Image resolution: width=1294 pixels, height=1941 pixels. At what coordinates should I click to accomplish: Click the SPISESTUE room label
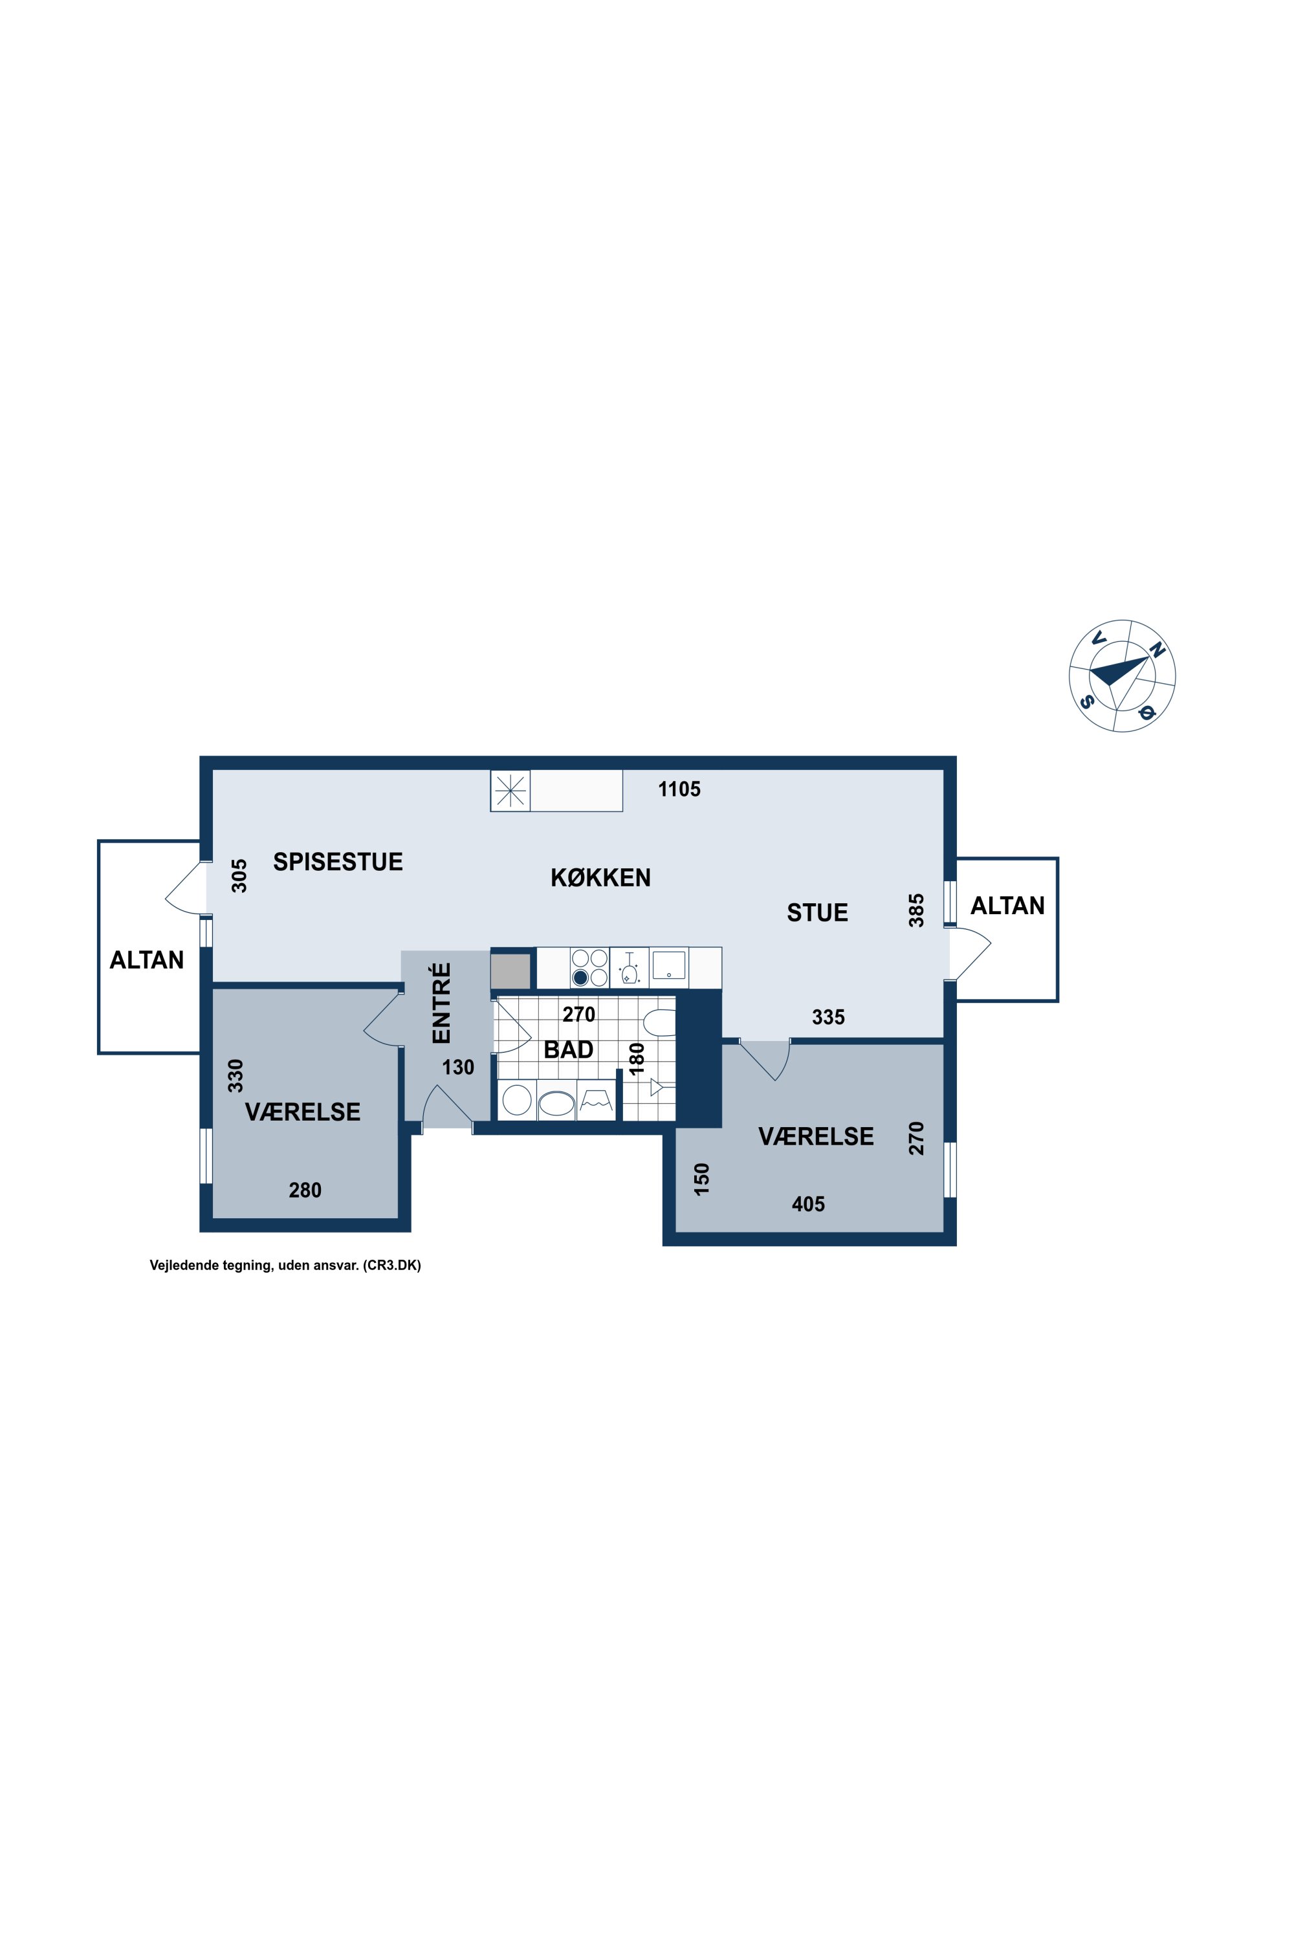pyautogui.click(x=338, y=862)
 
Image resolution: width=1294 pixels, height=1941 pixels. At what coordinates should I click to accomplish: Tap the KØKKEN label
pyautogui.click(x=601, y=877)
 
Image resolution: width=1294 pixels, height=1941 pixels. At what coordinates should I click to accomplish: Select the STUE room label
pyautogui.click(x=817, y=913)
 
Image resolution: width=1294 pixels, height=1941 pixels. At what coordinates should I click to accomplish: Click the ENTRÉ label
pyautogui.click(x=443, y=1003)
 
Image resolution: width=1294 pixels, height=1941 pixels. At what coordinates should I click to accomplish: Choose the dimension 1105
pyautogui.click(x=679, y=790)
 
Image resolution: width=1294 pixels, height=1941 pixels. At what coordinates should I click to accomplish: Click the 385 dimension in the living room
pyautogui.click(x=916, y=910)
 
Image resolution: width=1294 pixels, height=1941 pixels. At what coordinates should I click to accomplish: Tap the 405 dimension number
pyautogui.click(x=808, y=1204)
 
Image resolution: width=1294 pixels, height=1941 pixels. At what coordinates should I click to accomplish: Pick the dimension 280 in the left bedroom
pyautogui.click(x=305, y=1190)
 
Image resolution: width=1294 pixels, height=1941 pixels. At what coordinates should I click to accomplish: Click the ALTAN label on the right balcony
pyautogui.click(x=1007, y=906)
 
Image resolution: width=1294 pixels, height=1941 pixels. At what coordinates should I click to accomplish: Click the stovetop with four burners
pyautogui.click(x=589, y=968)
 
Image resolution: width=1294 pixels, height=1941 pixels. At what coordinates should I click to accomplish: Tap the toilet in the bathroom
pyautogui.click(x=659, y=1022)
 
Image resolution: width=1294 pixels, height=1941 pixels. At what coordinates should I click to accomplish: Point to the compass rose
pyautogui.click(x=1123, y=676)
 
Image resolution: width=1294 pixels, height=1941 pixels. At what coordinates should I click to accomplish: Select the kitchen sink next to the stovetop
pyautogui.click(x=668, y=965)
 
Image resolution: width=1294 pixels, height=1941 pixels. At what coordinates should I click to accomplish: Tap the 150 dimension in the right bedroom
pyautogui.click(x=701, y=1179)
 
